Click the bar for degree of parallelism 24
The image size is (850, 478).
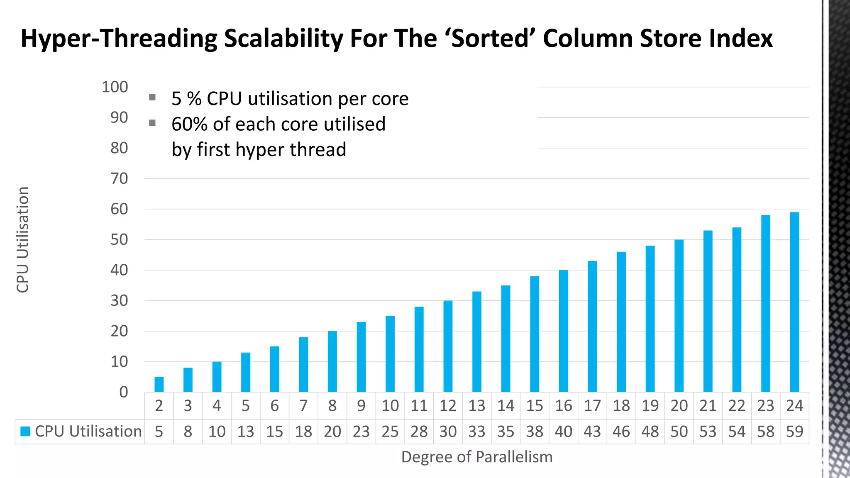(x=794, y=302)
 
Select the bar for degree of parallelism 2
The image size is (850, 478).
(x=159, y=385)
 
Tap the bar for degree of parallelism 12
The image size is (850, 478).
(x=448, y=346)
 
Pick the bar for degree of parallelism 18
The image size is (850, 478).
(x=621, y=322)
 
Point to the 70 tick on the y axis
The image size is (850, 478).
(x=119, y=179)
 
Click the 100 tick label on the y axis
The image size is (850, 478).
(x=115, y=87)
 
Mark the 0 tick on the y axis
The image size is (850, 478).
(x=124, y=392)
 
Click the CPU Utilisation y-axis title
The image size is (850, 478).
(x=23, y=240)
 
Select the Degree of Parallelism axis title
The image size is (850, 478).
(x=476, y=457)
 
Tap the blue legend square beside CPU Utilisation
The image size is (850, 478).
(x=25, y=432)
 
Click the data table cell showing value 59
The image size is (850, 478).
(x=794, y=432)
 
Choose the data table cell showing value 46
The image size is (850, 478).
(x=621, y=432)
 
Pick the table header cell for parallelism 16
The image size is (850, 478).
(x=563, y=406)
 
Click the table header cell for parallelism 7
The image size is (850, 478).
(x=303, y=406)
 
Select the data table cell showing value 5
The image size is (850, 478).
(x=159, y=432)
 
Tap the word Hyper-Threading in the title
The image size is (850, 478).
(x=119, y=39)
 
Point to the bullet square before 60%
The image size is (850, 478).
(x=152, y=123)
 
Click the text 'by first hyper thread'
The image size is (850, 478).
(x=259, y=149)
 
